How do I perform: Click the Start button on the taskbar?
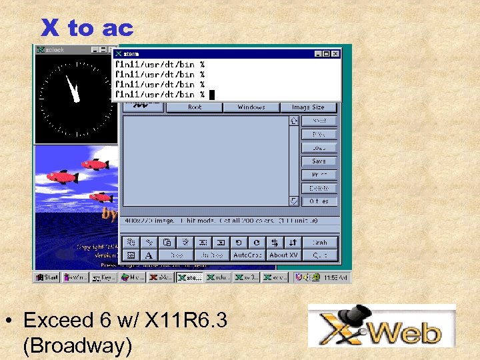47,277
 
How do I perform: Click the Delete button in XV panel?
319,188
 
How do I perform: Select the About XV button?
283,255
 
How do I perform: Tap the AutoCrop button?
247,255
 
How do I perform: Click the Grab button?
319,243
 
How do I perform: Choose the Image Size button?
307,107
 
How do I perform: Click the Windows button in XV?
251,107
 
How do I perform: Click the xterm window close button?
336,53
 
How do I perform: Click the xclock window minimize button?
95,49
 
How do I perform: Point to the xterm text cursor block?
212,95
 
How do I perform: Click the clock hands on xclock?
71,89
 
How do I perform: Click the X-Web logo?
382,326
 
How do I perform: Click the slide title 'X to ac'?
87,28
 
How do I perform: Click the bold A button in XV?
148,255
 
